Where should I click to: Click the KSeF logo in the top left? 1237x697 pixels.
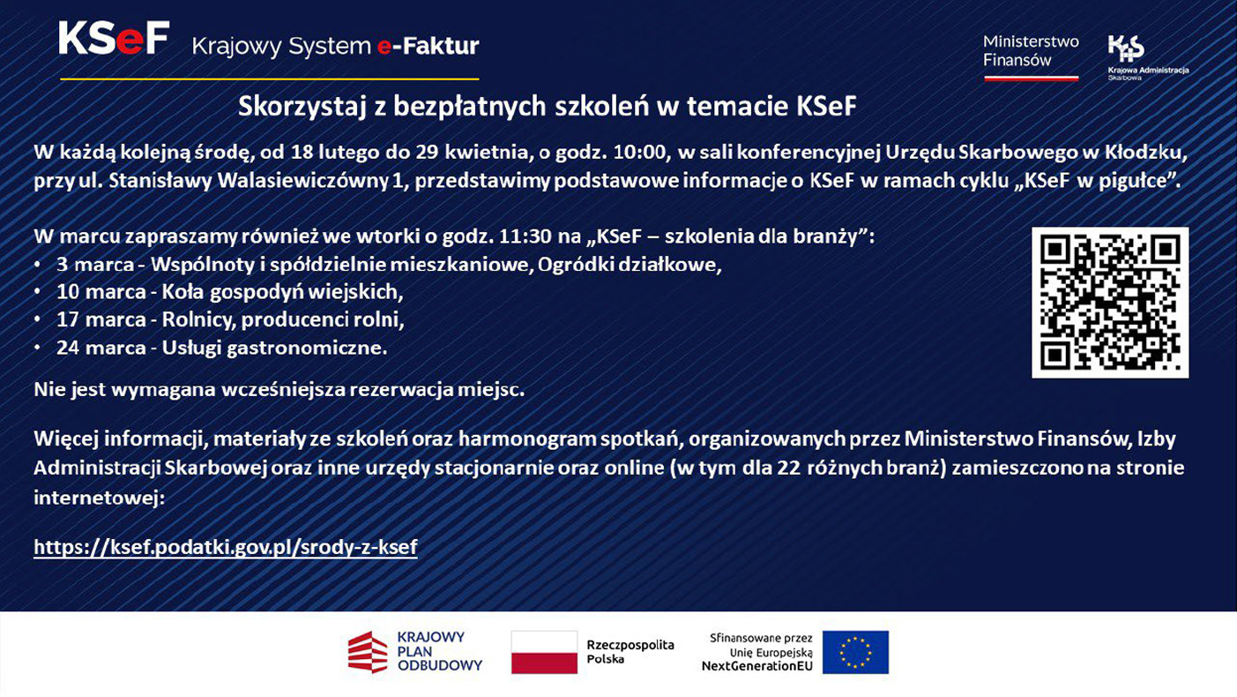(114, 40)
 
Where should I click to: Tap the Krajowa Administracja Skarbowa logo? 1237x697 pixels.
(1147, 58)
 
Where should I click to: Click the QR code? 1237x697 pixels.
(1110, 303)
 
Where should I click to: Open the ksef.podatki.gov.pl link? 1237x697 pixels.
(225, 547)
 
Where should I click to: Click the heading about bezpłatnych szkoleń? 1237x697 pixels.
(548, 106)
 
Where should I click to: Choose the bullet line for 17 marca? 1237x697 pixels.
(230, 319)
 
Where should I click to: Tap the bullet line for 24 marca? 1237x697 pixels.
(221, 348)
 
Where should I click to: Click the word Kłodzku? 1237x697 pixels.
(1144, 153)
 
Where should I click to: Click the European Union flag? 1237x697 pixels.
(855, 653)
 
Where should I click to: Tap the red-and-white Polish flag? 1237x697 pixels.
(544, 653)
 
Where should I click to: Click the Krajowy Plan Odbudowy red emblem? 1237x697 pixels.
(368, 653)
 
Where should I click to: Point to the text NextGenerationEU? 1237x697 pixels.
(756, 666)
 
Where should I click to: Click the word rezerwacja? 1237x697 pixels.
(418, 389)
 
